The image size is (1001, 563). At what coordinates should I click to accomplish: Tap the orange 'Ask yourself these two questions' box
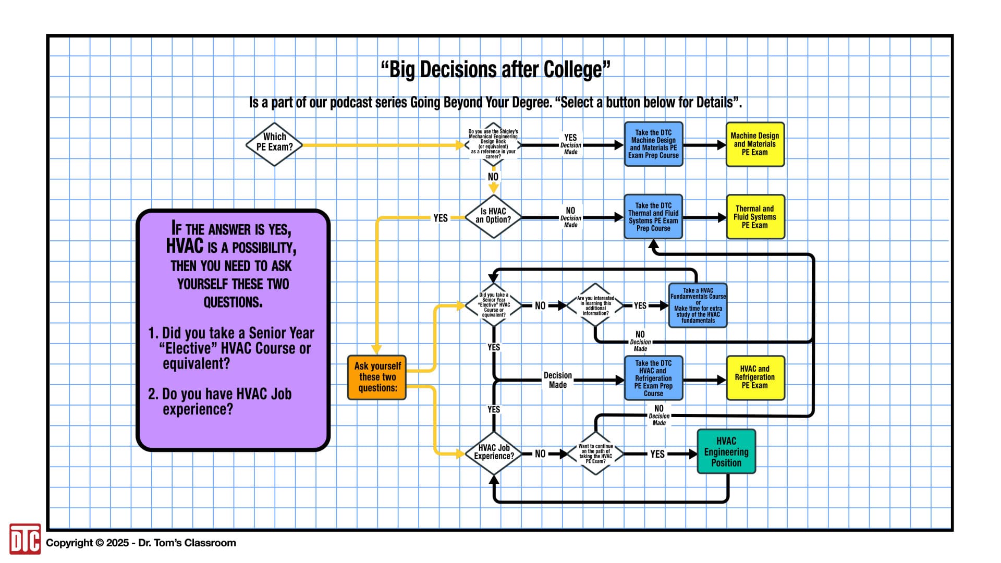pos(377,377)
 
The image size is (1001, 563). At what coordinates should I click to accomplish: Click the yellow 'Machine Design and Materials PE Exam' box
pos(754,144)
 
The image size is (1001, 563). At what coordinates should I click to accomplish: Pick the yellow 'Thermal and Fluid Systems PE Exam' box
pos(754,217)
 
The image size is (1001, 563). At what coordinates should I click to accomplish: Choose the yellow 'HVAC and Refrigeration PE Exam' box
pos(754,377)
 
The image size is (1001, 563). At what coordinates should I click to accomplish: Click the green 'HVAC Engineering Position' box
pos(726,452)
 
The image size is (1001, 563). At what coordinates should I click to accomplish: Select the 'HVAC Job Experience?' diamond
pos(493,452)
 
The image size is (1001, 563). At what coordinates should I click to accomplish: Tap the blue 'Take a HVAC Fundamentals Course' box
pos(698,305)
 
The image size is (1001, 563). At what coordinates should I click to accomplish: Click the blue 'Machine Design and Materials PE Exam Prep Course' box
pos(653,144)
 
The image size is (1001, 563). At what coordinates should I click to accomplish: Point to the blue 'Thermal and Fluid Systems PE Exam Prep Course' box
pos(653,217)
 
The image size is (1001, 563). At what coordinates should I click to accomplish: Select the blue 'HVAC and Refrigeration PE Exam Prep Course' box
pos(653,378)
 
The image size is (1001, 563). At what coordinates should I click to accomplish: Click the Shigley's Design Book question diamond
pos(493,144)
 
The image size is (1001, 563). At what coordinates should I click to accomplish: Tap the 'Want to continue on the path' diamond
pos(595,453)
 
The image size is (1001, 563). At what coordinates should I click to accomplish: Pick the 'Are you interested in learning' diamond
pos(595,305)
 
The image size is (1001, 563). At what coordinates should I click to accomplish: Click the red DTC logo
pos(25,539)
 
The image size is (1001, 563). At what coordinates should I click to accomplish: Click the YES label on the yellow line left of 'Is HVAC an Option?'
pos(441,218)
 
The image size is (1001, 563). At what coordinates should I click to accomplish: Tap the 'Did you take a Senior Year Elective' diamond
pos(493,305)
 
